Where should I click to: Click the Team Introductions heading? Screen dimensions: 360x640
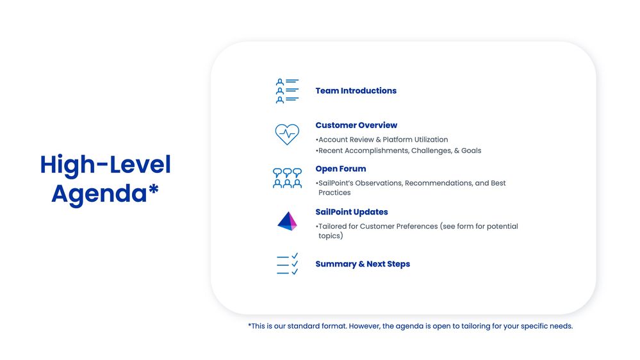[356, 91]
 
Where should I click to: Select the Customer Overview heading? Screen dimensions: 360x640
[356, 126]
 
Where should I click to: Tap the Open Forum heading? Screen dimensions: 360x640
[340, 169]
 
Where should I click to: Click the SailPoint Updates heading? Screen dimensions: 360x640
[351, 212]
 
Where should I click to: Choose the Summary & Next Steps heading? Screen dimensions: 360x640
[363, 264]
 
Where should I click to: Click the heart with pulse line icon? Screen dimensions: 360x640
[287, 134]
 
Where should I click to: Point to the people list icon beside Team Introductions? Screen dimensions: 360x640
[287, 91]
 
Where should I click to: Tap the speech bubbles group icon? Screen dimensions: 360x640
[287, 177]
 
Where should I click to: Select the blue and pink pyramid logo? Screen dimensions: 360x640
[287, 221]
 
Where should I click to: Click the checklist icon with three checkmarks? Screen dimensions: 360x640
[287, 264]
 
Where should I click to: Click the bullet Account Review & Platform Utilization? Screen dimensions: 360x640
[382, 140]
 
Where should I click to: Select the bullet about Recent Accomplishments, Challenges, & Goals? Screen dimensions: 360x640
[399, 151]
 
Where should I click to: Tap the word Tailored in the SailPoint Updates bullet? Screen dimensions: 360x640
[332, 226]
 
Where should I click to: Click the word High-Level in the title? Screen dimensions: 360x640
[106, 165]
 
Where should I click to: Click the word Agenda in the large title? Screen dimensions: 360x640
[99, 193]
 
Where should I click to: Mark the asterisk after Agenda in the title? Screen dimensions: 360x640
[154, 191]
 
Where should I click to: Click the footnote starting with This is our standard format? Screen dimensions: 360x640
[410, 326]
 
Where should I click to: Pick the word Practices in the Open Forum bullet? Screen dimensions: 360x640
[334, 193]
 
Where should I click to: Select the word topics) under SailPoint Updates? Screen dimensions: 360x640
[331, 236]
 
